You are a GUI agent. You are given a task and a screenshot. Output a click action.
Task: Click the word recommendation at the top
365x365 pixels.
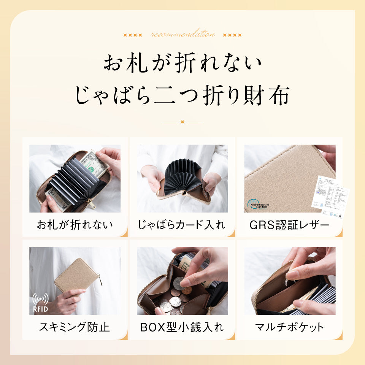182,35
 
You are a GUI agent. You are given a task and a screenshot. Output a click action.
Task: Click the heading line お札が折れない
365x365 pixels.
182,63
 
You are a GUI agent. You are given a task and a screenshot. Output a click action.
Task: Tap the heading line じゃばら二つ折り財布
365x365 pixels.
182,95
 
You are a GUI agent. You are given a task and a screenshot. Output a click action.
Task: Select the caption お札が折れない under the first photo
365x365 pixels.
75,224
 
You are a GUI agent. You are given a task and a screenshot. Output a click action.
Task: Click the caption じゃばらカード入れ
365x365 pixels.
182,224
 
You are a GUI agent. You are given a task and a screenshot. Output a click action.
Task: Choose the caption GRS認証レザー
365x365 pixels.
289,224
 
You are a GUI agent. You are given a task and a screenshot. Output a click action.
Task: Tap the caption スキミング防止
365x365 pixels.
75,327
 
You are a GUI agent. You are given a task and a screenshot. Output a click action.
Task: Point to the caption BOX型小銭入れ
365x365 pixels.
182,327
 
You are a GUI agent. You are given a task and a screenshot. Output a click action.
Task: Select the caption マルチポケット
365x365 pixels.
289,327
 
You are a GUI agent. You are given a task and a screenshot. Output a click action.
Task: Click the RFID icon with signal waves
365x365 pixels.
40,302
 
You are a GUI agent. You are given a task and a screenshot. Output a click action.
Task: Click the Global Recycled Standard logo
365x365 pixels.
258,205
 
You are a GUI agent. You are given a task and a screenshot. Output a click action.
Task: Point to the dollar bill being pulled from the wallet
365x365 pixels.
94,164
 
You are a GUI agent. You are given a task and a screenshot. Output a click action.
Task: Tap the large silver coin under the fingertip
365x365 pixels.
178,283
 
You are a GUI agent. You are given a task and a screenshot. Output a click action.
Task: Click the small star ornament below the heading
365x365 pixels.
182,122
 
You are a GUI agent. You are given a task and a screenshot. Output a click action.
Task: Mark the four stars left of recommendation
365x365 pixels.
133,35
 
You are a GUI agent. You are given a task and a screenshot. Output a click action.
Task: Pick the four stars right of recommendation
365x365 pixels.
232,35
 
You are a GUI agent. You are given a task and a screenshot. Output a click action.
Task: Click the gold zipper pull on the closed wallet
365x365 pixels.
101,281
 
